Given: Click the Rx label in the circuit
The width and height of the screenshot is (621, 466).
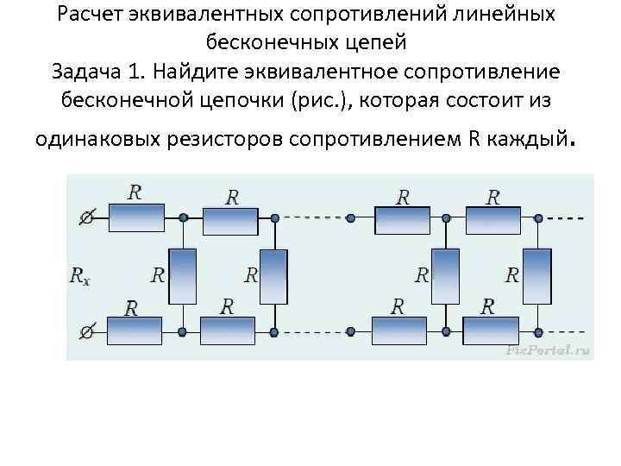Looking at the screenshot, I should point(79,276).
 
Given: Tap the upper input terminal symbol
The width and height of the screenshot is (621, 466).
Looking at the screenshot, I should point(86,218).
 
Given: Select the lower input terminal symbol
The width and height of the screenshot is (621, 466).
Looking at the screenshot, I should point(86,331).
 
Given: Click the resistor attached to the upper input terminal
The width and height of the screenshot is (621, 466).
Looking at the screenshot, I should point(135,217).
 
